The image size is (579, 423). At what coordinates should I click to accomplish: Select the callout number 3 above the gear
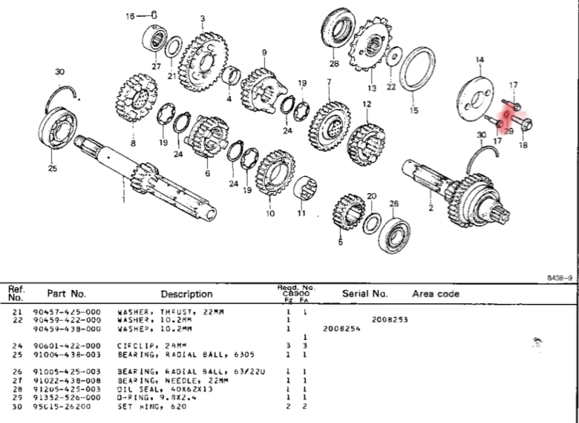203,19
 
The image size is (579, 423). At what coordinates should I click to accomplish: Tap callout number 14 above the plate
479,61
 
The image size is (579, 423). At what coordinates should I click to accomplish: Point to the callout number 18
523,146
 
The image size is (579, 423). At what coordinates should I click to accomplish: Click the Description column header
187,294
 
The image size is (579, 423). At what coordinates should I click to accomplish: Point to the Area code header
436,293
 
